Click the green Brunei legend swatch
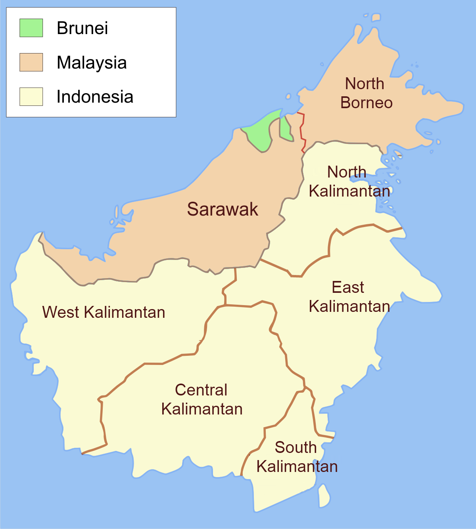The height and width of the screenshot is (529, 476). point(31,28)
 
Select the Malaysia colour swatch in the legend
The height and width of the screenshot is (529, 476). point(31,63)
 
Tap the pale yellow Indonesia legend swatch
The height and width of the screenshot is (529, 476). point(31,97)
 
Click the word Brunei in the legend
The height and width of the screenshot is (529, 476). point(82,28)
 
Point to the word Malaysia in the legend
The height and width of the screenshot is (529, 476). point(92,63)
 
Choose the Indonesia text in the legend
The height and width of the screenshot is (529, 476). point(95,97)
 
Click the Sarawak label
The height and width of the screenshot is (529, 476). point(222,209)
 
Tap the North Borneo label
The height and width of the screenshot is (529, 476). point(366,93)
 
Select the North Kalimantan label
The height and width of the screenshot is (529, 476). point(349,181)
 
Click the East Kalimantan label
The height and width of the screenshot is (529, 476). point(349,297)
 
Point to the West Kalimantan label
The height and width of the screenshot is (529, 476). point(104,312)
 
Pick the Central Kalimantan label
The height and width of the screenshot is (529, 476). point(202,399)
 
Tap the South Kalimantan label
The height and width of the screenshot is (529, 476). point(297,457)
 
